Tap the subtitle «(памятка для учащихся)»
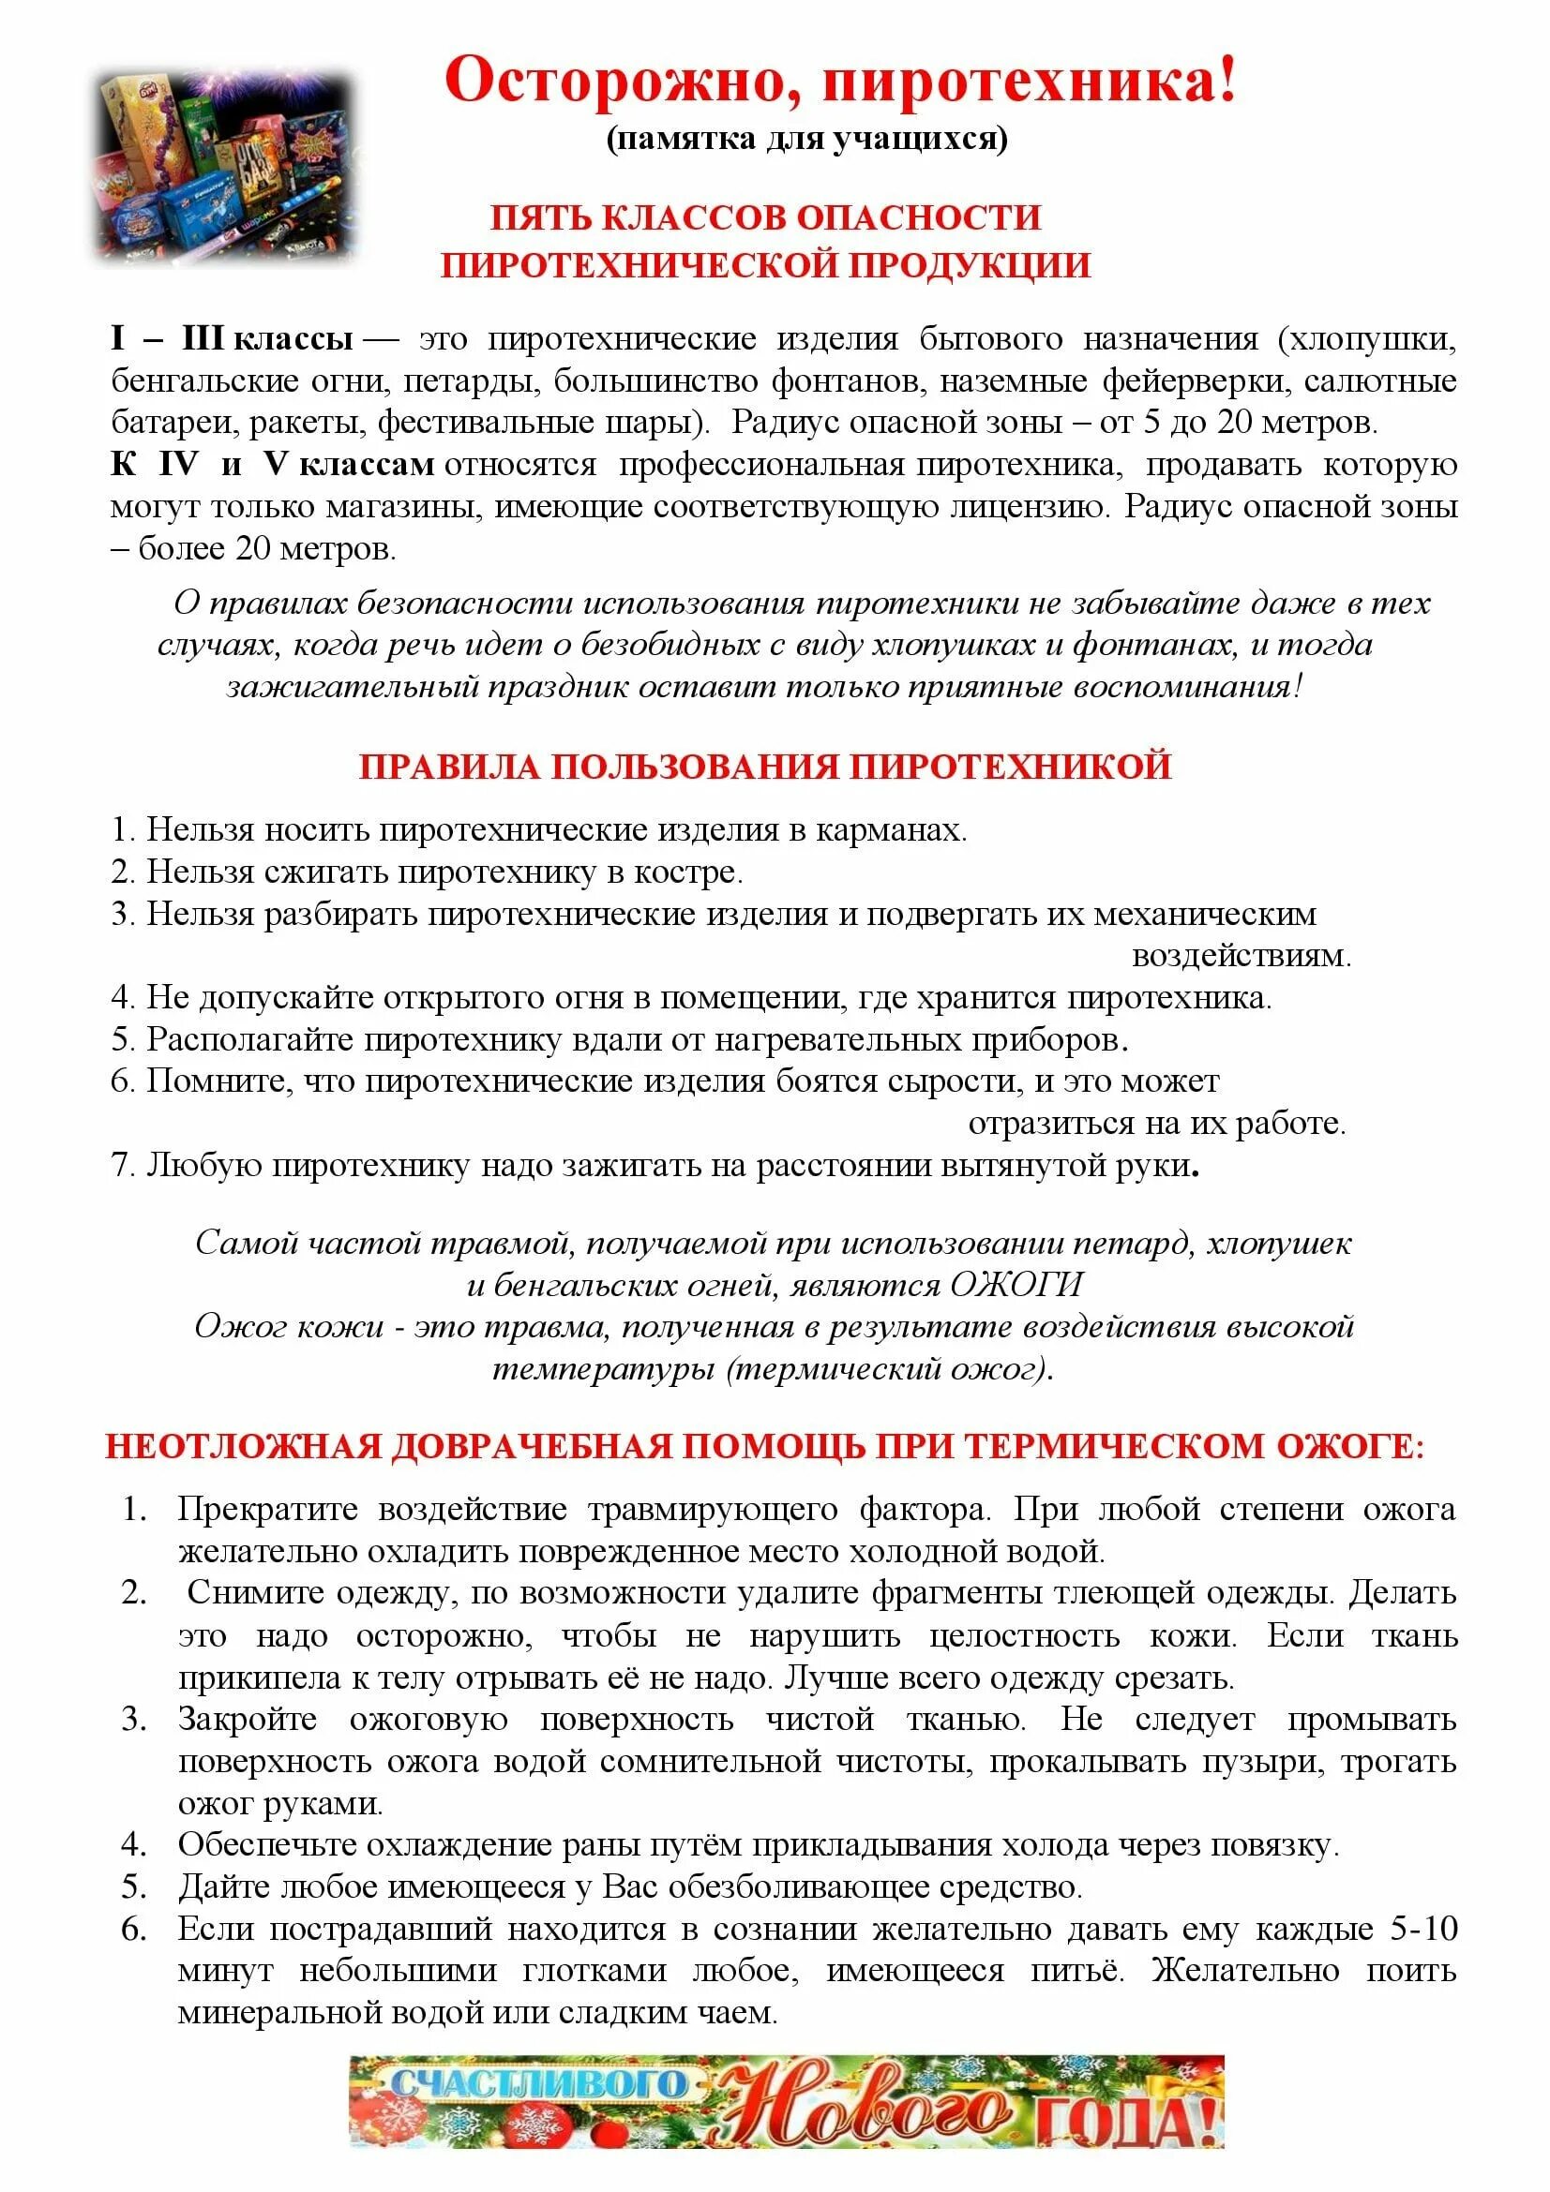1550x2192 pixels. pyautogui.click(x=807, y=140)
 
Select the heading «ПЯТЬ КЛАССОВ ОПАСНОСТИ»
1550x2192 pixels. pyautogui.click(x=765, y=217)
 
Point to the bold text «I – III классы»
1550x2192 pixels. pyautogui.click(x=232, y=339)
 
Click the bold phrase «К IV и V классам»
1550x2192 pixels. pyautogui.click(x=272, y=465)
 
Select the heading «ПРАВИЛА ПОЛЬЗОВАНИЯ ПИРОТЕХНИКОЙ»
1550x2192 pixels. pyautogui.click(x=765, y=767)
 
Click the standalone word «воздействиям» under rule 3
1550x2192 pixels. pyautogui.click(x=1241, y=956)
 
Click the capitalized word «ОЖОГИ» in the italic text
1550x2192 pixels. pyautogui.click(x=1017, y=1285)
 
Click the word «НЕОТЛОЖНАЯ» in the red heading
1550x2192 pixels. pyautogui.click(x=243, y=1446)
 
